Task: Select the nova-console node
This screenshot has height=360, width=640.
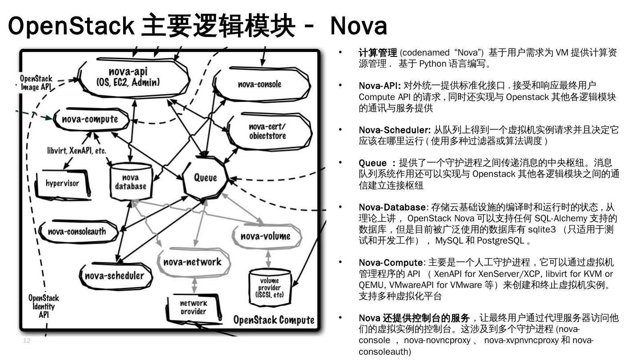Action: tap(260, 84)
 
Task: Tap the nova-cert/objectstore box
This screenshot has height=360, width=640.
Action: tap(268, 131)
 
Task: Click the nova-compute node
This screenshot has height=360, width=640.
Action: tap(90, 119)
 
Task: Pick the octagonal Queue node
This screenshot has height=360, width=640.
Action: tap(205, 178)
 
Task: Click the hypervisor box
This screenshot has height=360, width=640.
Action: tap(63, 183)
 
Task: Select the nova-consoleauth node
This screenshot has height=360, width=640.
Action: tap(77, 231)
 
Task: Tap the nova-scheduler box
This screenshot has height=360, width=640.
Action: tap(114, 276)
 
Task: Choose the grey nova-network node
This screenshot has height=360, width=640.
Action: tap(192, 262)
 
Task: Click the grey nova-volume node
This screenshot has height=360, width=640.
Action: tap(265, 236)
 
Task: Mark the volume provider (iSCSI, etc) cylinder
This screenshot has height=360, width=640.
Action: tap(269, 288)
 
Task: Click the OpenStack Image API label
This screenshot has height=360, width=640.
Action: tap(36, 83)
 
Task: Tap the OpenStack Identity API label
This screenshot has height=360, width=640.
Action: tap(44, 306)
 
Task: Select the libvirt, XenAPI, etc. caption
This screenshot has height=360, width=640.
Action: tap(77, 151)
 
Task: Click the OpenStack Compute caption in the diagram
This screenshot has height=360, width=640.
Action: tap(274, 320)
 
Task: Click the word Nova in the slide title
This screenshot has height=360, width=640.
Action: tap(359, 26)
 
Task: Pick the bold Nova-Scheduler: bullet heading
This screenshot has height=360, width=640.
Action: tap(395, 130)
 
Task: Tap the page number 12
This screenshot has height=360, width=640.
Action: tap(26, 341)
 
